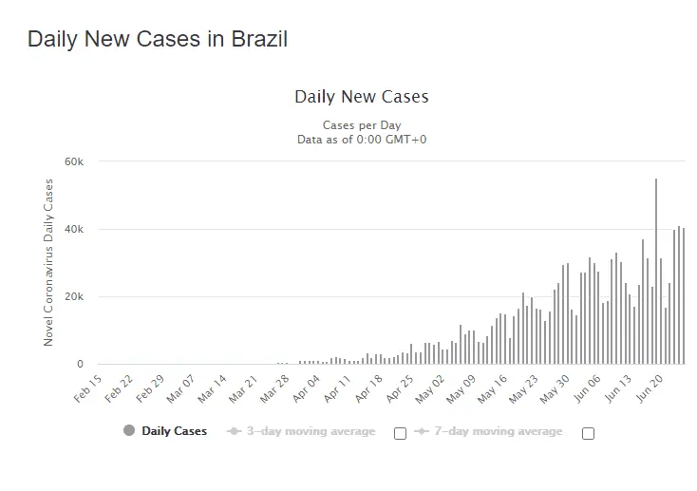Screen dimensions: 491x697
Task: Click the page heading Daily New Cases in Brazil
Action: coord(157,40)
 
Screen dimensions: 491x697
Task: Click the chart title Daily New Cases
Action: coord(361,97)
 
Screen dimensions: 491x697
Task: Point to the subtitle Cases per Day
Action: coord(361,125)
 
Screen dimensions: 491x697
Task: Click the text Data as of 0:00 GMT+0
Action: coord(361,140)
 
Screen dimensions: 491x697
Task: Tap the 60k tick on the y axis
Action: coord(73,162)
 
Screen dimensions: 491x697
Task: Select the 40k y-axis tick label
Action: coord(73,230)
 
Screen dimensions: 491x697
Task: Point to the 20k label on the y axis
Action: coord(73,297)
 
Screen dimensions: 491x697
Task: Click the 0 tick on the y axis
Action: coord(80,365)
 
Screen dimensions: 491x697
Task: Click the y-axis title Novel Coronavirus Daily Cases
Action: coord(49,262)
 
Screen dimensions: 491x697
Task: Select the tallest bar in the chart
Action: coord(655,271)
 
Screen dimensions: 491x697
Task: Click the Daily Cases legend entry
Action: coord(174,431)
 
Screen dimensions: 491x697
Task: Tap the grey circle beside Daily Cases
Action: coord(129,431)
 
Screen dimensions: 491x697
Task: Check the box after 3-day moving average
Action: coord(400,433)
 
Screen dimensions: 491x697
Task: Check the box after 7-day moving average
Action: coord(588,433)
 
